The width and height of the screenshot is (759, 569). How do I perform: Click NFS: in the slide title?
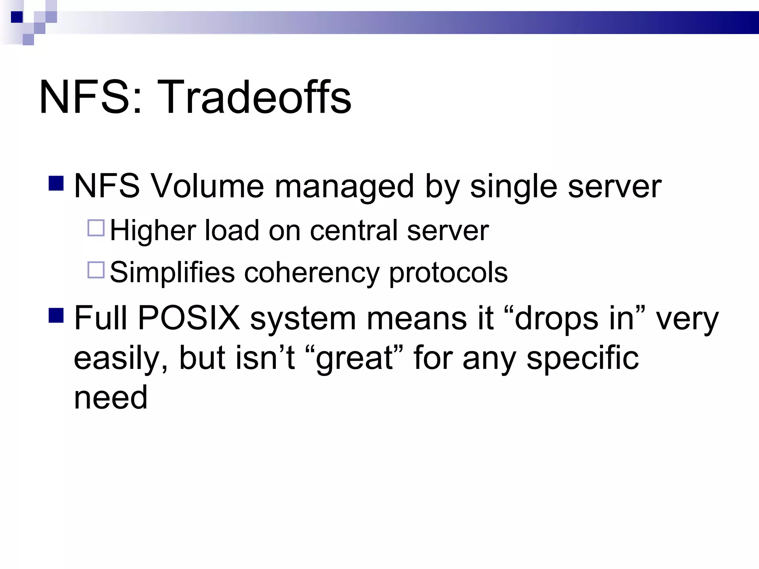tap(90, 97)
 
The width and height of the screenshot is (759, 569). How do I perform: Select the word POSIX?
tap(189, 318)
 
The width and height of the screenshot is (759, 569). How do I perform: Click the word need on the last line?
tap(110, 397)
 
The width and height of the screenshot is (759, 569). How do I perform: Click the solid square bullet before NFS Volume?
tap(56, 183)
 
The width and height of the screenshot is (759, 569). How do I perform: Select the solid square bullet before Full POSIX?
tap(56, 315)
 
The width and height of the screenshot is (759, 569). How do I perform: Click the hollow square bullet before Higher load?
tap(96, 228)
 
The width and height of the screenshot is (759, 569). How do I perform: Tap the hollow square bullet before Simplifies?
tap(96, 270)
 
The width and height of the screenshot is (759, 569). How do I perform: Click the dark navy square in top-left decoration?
tap(17, 17)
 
